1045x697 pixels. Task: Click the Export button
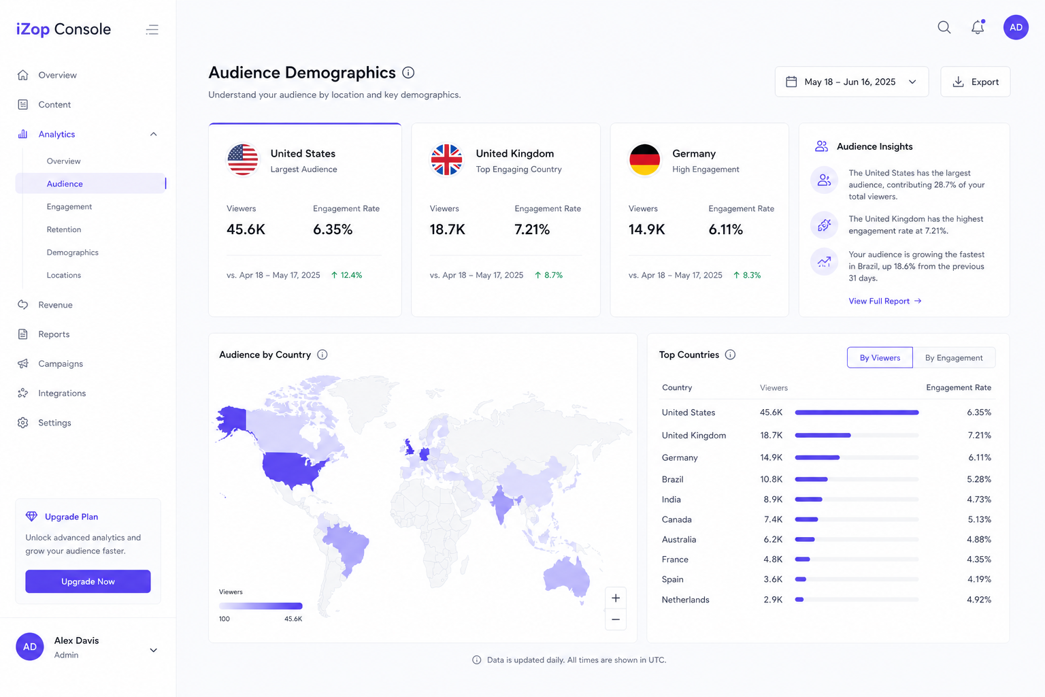[975, 82]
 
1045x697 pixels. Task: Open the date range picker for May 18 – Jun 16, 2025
[851, 82]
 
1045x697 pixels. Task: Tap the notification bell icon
[978, 27]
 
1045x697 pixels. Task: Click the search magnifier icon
[944, 27]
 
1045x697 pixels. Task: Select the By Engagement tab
[954, 357]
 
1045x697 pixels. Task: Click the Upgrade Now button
[88, 581]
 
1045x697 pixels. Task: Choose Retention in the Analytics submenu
[64, 229]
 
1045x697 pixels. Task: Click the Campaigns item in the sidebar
[61, 363]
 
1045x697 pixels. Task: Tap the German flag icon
[645, 159]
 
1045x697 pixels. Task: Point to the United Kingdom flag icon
[446, 159]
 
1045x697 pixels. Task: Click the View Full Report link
[885, 301]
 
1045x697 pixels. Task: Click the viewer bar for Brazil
[811, 479]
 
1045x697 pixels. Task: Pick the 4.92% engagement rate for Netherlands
[979, 600]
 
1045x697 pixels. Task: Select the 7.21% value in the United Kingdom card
[532, 229]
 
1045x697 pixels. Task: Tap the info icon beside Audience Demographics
[408, 72]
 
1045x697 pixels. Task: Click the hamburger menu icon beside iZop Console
[152, 29]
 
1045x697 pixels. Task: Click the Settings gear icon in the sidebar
[23, 423]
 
